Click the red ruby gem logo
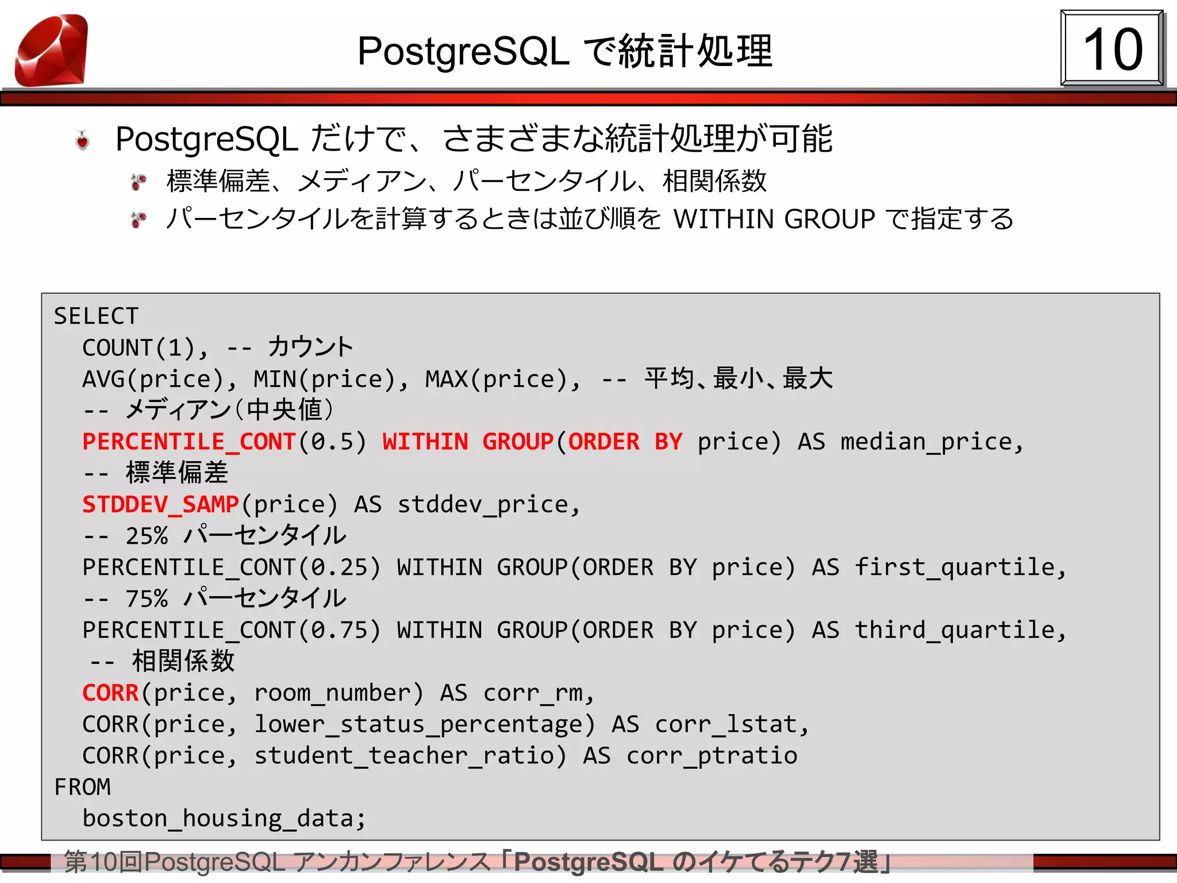coord(52,50)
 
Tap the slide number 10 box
coord(1112,49)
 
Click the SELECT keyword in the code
coord(96,316)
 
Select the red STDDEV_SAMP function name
coord(160,504)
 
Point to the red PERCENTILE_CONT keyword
coord(189,441)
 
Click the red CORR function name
coord(110,693)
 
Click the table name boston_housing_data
coord(223,818)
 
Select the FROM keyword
coord(82,787)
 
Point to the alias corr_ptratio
coord(711,756)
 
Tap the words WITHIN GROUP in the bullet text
coord(774,219)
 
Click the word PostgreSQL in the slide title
coord(463,52)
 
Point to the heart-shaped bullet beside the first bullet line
coord(83,140)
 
